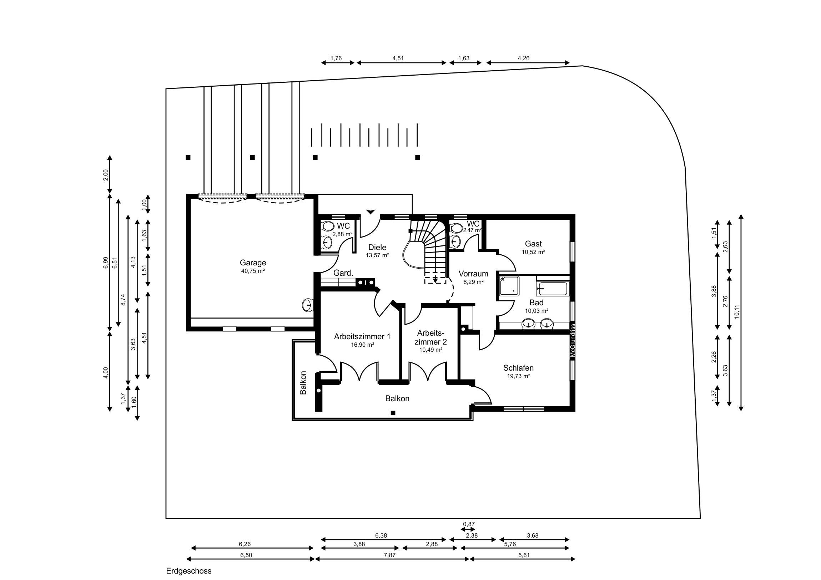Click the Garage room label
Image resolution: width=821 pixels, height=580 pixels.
[253, 263]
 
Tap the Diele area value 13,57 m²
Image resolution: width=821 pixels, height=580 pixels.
[377, 255]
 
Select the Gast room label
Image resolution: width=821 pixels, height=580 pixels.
[533, 244]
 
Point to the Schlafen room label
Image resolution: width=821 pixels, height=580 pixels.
[518, 368]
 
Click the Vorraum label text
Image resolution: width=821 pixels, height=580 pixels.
[473, 274]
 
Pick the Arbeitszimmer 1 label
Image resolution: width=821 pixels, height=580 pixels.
[362, 336]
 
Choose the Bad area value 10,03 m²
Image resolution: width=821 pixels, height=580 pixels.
[537, 311]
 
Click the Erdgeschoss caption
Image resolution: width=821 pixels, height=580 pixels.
[189, 571]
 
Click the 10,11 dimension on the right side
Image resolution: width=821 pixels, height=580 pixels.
[737, 312]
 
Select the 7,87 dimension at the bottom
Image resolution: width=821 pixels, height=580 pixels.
[389, 555]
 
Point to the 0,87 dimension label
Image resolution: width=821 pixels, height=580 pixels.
[469, 524]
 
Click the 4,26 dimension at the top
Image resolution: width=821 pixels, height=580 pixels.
[524, 58]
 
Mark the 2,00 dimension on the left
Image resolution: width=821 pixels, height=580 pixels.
[106, 175]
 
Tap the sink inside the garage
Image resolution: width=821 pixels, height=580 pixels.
[307, 305]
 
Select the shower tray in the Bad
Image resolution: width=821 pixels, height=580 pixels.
[509, 285]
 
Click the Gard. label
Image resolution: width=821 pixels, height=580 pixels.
[343, 273]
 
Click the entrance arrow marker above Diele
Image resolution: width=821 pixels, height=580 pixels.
[371, 212]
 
